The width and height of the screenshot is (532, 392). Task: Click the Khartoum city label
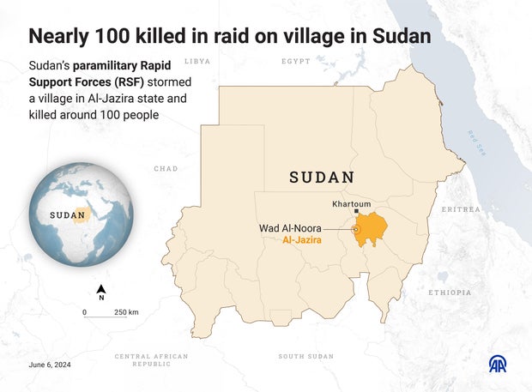point(352,204)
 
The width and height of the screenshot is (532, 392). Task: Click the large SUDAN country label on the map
point(322,178)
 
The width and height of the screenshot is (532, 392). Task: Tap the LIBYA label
point(197,62)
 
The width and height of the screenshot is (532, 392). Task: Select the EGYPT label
point(296,62)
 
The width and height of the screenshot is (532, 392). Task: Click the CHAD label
point(166,169)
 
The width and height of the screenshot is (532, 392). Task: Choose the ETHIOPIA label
point(450,292)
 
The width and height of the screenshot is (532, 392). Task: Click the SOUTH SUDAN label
point(305,356)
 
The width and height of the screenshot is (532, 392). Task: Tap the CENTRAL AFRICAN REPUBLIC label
point(151,359)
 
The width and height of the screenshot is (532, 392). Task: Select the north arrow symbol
point(101,291)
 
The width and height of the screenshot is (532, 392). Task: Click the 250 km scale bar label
point(126,311)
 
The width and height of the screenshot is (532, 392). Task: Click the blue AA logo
point(498,364)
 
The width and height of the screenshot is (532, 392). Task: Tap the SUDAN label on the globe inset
point(67,214)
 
